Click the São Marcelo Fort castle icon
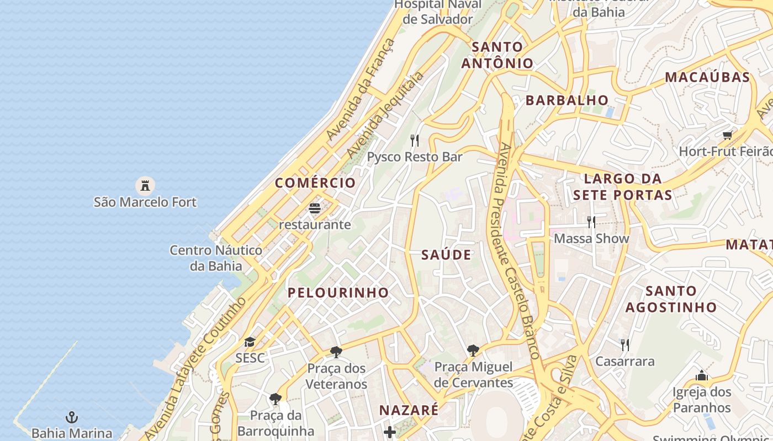point(145,185)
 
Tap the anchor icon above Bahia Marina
point(71,417)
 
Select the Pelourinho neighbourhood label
point(338,293)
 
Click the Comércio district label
point(315,183)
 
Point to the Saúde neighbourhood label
point(446,255)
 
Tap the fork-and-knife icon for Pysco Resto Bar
point(415,141)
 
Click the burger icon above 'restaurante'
point(315,208)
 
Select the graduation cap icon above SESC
point(250,342)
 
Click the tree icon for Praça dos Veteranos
point(336,352)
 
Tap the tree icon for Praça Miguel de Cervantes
point(473,350)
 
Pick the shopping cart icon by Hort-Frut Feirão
point(728,135)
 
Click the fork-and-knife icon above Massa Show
point(591,222)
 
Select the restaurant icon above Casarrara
point(624,345)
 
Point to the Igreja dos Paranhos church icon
point(702,376)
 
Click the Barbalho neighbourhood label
point(567,100)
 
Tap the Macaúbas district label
point(707,77)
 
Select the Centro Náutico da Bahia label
point(216,258)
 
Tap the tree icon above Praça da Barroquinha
point(275,399)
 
